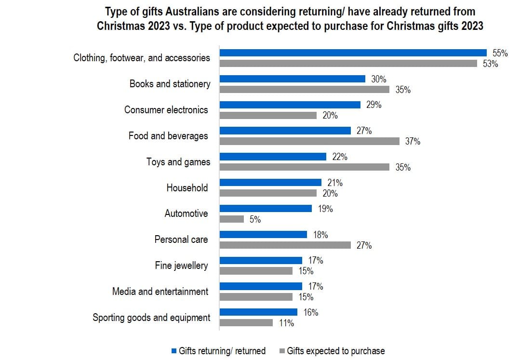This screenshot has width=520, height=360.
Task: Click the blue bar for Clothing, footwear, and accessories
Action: pos(353,53)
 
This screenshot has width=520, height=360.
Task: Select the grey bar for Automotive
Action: pos(232,219)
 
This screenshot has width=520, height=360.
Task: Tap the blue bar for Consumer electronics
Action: pos(290,105)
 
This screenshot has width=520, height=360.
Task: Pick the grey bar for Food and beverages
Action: pos(309,141)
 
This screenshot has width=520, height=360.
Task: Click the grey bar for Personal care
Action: pos(285,245)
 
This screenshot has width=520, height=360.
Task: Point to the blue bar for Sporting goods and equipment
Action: pos(258,312)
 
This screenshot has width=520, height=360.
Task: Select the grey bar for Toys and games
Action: pos(305,167)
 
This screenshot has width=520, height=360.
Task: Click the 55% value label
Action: pos(500,53)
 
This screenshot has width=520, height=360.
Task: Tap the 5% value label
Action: pos(255,220)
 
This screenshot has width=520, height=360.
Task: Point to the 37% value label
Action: pos(413,142)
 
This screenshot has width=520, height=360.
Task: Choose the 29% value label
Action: pos(373,105)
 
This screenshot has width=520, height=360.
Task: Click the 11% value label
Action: pos(286,323)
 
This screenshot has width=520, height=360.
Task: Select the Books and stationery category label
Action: pos(170,84)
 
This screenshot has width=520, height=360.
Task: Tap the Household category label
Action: pos(187,188)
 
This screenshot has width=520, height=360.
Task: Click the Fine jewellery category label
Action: pos(181,266)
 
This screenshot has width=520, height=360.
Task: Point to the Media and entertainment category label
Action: pos(160,292)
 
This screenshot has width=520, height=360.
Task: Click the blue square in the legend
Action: pos(174,351)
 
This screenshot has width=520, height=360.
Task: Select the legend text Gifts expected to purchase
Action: pos(335,351)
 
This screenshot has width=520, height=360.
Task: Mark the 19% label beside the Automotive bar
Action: pos(325,209)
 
